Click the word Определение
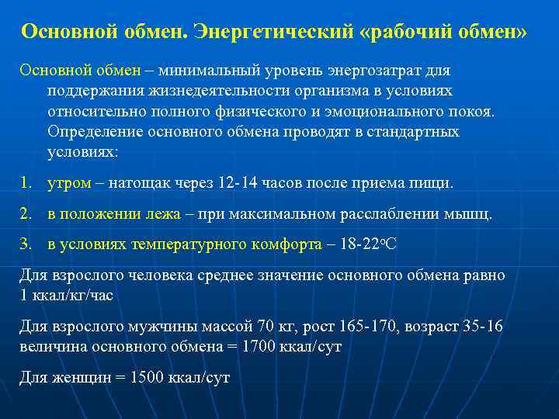(x=88, y=131)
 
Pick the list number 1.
(x=25, y=183)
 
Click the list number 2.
(x=25, y=213)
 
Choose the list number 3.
(x=25, y=244)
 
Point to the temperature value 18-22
(x=356, y=244)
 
